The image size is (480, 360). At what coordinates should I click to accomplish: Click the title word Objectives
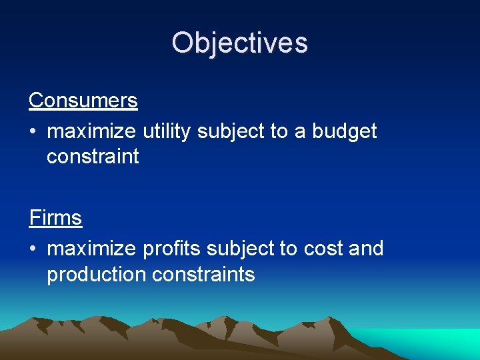[x=239, y=43]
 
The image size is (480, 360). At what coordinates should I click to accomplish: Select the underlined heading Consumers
[x=83, y=101]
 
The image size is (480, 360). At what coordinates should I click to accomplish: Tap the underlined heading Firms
[x=55, y=218]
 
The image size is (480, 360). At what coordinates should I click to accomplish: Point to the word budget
[x=345, y=131]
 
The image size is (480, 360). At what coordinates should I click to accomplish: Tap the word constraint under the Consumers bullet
[x=93, y=157]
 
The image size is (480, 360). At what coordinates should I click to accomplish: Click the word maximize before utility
[x=91, y=131]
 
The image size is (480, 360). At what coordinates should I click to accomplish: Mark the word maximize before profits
[x=91, y=249]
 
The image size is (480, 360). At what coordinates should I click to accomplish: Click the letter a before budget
[x=300, y=132]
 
